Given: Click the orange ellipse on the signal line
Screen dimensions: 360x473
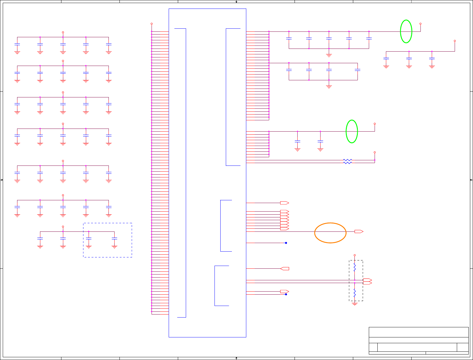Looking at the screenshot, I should (330, 233).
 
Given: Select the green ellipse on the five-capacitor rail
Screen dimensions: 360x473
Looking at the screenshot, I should (406, 31).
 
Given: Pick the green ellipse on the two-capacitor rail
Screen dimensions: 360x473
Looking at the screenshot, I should (352, 131).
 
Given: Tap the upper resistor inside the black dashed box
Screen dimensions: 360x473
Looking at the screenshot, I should (355, 268).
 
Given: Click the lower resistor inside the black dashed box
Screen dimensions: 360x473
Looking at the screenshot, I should (355, 293).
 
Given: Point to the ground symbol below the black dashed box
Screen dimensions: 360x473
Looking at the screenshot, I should (355, 304).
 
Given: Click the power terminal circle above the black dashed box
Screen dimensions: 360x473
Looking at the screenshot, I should (355, 255).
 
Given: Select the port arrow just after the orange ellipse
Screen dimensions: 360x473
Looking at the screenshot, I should (359, 231).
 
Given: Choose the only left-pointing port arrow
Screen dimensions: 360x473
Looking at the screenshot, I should (284, 268).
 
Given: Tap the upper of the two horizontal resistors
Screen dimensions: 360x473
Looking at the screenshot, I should (347, 160).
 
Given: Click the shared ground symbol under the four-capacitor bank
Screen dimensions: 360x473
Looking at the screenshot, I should (329, 87).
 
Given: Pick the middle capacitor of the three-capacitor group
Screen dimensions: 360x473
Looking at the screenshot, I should (409, 58).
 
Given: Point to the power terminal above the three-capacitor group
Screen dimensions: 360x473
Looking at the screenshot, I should (455, 41).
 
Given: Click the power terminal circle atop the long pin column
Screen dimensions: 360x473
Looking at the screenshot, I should (152, 24).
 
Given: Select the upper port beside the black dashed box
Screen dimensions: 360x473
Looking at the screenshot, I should (367, 280).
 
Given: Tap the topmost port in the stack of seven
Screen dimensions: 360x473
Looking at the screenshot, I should (284, 211).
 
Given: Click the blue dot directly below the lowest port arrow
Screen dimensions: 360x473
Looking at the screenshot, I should (286, 294).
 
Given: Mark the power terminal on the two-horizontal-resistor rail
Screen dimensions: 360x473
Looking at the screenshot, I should (375, 152).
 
